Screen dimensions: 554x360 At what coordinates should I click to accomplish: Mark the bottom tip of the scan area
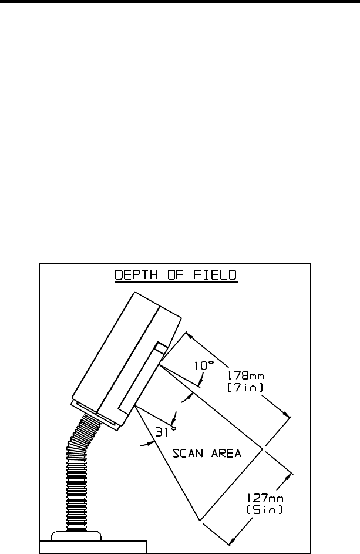[201, 520]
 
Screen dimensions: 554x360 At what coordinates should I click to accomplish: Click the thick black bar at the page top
[180, 2]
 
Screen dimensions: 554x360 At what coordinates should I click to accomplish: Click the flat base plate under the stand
[92, 546]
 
